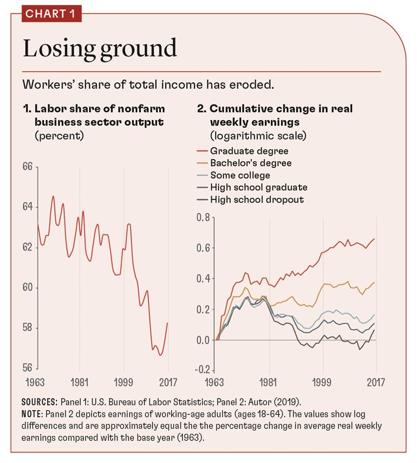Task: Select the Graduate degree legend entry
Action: point(250,151)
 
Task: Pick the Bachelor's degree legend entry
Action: point(251,163)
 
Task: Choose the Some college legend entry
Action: point(240,175)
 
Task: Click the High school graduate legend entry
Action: point(259,187)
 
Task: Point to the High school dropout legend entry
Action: point(257,200)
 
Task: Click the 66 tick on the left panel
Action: point(28,167)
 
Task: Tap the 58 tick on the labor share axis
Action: point(28,328)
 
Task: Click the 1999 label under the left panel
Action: point(123,383)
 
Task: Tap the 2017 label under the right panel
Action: point(376,383)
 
